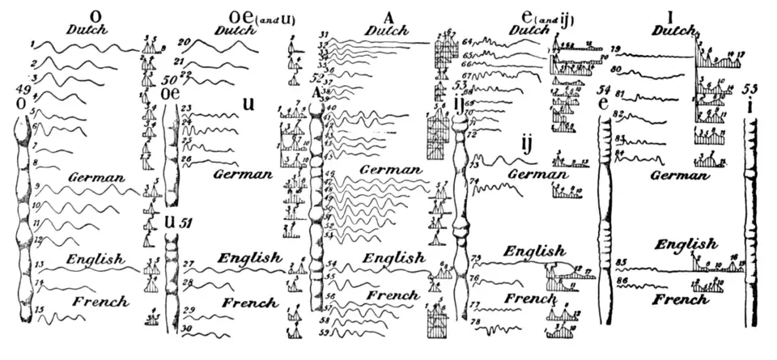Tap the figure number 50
tap(168, 81)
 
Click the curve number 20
tap(184, 42)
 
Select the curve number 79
tap(615, 49)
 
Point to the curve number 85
tap(622, 261)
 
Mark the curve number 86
tap(622, 280)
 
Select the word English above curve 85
tap(685, 244)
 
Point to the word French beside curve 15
tap(100, 302)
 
